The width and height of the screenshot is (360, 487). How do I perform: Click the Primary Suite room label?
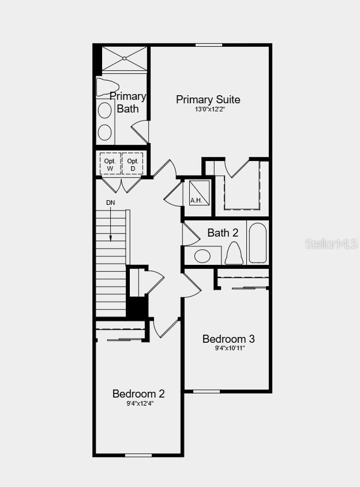click(x=208, y=100)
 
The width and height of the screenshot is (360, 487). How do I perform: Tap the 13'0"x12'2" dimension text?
click(x=209, y=109)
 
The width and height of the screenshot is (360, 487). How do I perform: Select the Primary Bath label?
click(x=127, y=102)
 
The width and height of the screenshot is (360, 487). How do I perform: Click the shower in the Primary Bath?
click(x=125, y=58)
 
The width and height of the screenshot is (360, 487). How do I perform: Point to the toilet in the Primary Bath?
click(x=107, y=87)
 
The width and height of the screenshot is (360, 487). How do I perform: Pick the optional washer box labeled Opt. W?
click(x=110, y=164)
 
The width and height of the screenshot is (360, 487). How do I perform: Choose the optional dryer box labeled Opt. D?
click(x=132, y=164)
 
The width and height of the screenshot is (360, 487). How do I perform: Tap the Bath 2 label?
click(x=223, y=233)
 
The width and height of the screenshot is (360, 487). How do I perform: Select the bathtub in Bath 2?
click(x=257, y=243)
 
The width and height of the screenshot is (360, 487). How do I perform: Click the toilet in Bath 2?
click(x=234, y=253)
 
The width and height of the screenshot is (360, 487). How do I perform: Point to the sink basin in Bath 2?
click(x=202, y=256)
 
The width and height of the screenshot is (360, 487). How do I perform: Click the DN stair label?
click(x=110, y=203)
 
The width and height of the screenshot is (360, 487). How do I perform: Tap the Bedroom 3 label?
click(x=228, y=339)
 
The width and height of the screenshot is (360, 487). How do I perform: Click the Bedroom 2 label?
click(x=138, y=394)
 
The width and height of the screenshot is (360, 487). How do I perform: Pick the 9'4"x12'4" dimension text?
click(x=139, y=403)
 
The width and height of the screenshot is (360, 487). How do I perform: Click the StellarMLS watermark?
click(x=331, y=244)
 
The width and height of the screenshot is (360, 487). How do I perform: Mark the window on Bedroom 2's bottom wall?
click(x=138, y=455)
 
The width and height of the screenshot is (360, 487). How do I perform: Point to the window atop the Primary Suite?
click(x=209, y=45)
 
